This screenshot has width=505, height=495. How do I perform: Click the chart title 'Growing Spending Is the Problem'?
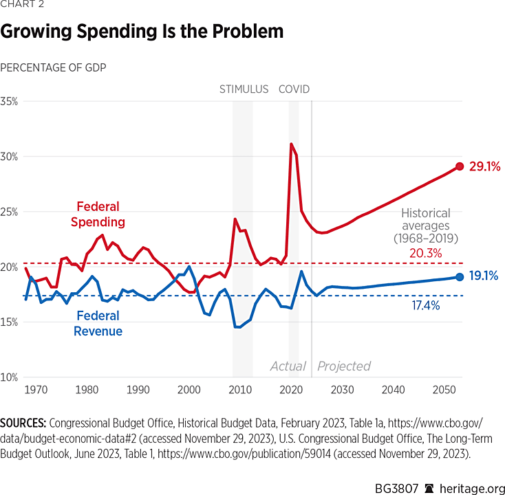(x=142, y=32)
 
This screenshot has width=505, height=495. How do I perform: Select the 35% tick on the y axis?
(x=10, y=101)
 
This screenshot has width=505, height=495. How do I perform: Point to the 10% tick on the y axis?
(x=10, y=377)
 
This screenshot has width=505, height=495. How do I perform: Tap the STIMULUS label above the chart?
(x=244, y=89)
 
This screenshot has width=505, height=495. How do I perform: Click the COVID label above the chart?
(x=294, y=89)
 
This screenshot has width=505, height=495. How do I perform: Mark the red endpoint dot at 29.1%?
(x=460, y=166)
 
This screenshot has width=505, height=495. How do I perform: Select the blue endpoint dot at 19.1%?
(x=460, y=277)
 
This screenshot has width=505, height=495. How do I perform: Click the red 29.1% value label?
(x=484, y=166)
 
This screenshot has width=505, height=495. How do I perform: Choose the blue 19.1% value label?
(x=484, y=277)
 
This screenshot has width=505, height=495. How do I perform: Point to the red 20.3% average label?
(x=426, y=254)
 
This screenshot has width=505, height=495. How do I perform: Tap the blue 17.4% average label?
(x=426, y=305)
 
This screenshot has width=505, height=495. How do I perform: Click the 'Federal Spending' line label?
(x=98, y=214)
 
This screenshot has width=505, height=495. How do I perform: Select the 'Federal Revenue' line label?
(x=98, y=324)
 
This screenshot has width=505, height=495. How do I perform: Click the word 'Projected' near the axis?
(x=344, y=366)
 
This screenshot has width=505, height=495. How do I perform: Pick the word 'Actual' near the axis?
(x=288, y=366)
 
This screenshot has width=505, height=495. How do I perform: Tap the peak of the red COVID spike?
(x=292, y=144)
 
